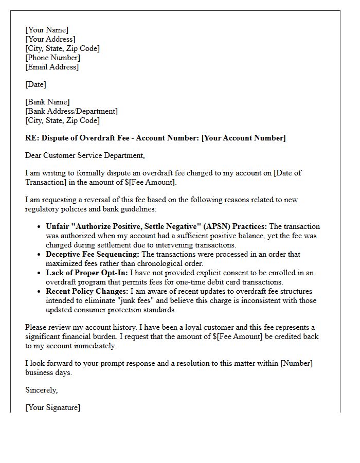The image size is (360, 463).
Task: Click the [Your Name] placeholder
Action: [x=47, y=30]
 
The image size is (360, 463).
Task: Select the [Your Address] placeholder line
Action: [x=50, y=39]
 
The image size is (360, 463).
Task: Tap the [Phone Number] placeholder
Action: [x=53, y=58]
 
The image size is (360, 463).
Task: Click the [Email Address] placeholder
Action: [x=52, y=67]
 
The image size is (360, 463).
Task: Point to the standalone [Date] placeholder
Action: [x=35, y=84]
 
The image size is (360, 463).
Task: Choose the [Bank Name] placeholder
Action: [x=47, y=102]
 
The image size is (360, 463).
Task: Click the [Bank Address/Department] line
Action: [x=71, y=111]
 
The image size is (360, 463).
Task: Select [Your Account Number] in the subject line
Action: [x=244, y=138]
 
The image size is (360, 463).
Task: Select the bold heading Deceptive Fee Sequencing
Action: [x=93, y=254]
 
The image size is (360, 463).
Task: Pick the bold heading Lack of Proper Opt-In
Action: [x=86, y=273]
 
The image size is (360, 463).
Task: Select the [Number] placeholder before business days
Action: [x=296, y=363]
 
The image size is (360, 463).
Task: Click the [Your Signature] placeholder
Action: [x=52, y=407]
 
